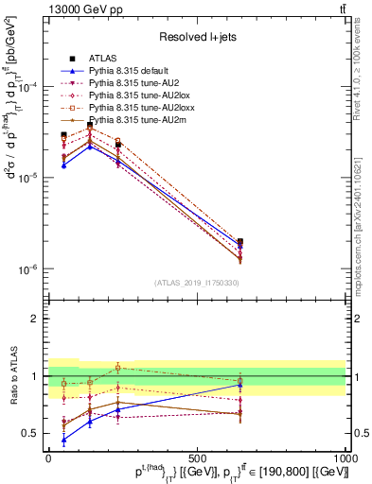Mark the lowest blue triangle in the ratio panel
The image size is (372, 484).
pos(63,440)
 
